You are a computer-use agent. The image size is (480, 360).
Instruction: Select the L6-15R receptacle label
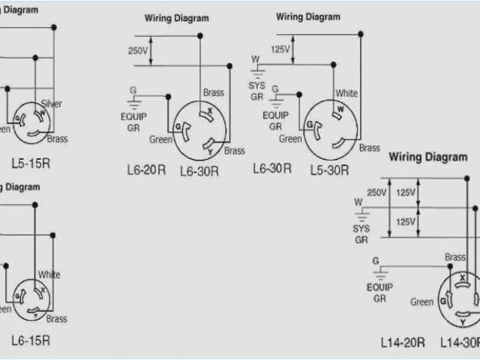pos(31,340)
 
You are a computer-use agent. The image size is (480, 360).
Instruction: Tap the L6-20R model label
pos(145,171)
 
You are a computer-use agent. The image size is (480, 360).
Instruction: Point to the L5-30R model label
pos(329,170)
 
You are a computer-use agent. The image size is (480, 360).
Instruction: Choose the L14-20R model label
pos(403,342)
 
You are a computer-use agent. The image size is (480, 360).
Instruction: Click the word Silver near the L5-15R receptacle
pos(51,103)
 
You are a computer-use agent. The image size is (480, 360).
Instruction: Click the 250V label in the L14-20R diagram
pos(376,193)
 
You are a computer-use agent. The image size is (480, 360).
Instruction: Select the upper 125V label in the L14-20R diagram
pos(406,193)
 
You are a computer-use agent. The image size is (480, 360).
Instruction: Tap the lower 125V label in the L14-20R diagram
pos(406,222)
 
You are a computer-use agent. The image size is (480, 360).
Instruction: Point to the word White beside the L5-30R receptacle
pos(346,93)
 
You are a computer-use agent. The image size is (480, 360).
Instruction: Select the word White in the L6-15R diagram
pos(49,274)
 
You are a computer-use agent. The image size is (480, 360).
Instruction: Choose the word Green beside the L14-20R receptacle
pos(421,302)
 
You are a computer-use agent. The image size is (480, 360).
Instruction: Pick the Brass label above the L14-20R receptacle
pos(455,257)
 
